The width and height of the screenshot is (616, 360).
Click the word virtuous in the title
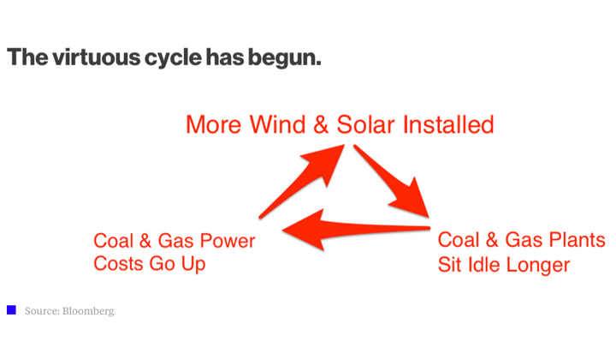coord(96,57)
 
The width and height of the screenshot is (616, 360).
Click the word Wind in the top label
coord(278,125)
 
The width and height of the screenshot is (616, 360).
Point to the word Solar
coord(365,125)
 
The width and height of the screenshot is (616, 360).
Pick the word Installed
coord(448,125)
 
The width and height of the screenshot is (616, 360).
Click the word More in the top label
coord(213,125)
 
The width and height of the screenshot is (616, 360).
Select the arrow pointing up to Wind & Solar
coord(302,182)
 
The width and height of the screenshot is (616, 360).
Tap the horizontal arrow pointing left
coord(356,230)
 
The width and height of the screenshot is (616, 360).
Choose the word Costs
coord(118,264)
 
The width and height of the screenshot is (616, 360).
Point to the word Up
coord(193,264)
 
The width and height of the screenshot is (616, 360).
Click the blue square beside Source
coord(11,310)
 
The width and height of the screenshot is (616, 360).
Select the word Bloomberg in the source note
coord(88,311)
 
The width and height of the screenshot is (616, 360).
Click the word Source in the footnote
coord(42,311)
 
